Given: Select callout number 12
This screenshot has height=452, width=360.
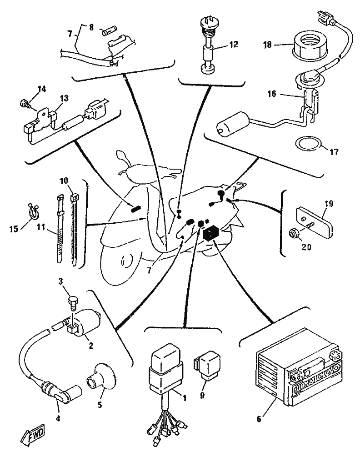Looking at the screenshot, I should [234, 45].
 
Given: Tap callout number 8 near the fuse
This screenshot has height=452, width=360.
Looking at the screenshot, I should [90, 26].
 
